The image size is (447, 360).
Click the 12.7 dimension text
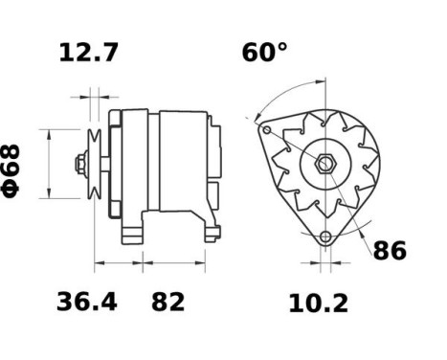89,53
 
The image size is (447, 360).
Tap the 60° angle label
264,53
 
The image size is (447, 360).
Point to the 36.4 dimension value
87,303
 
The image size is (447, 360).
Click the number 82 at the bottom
168,303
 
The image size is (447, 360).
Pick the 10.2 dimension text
319,304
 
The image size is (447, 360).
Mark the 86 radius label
390,252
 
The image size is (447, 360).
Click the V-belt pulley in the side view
95,164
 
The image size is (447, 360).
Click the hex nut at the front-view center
325,164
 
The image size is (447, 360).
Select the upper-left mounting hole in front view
267,130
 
